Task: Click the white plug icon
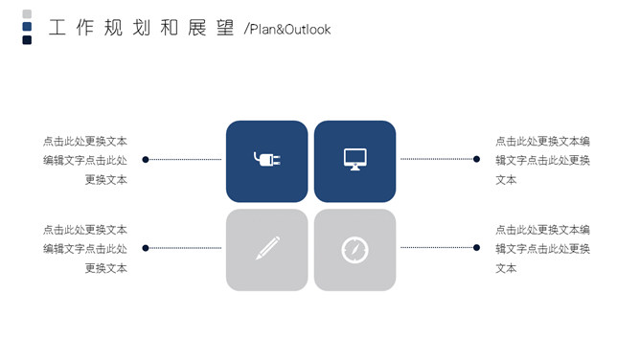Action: coord(267,159)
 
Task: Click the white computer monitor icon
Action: coord(355,159)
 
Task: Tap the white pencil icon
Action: coord(267,248)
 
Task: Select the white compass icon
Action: coord(354,250)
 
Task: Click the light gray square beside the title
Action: coord(27,13)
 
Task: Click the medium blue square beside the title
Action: coord(27,27)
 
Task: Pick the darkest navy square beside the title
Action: coord(27,39)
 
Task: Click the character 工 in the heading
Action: coord(57,28)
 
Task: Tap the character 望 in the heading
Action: coord(225,28)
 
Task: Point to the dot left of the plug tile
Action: coord(146,159)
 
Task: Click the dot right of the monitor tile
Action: coord(476,159)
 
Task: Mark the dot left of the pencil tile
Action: coord(146,248)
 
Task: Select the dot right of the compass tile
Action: coord(476,247)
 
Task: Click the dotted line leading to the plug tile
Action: coord(185,159)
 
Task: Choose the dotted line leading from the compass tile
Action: coord(437,247)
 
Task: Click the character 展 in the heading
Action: coord(197,28)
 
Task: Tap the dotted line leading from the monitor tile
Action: coord(437,159)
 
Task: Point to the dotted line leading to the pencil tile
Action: coord(185,248)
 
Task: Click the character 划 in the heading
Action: coord(141,28)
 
